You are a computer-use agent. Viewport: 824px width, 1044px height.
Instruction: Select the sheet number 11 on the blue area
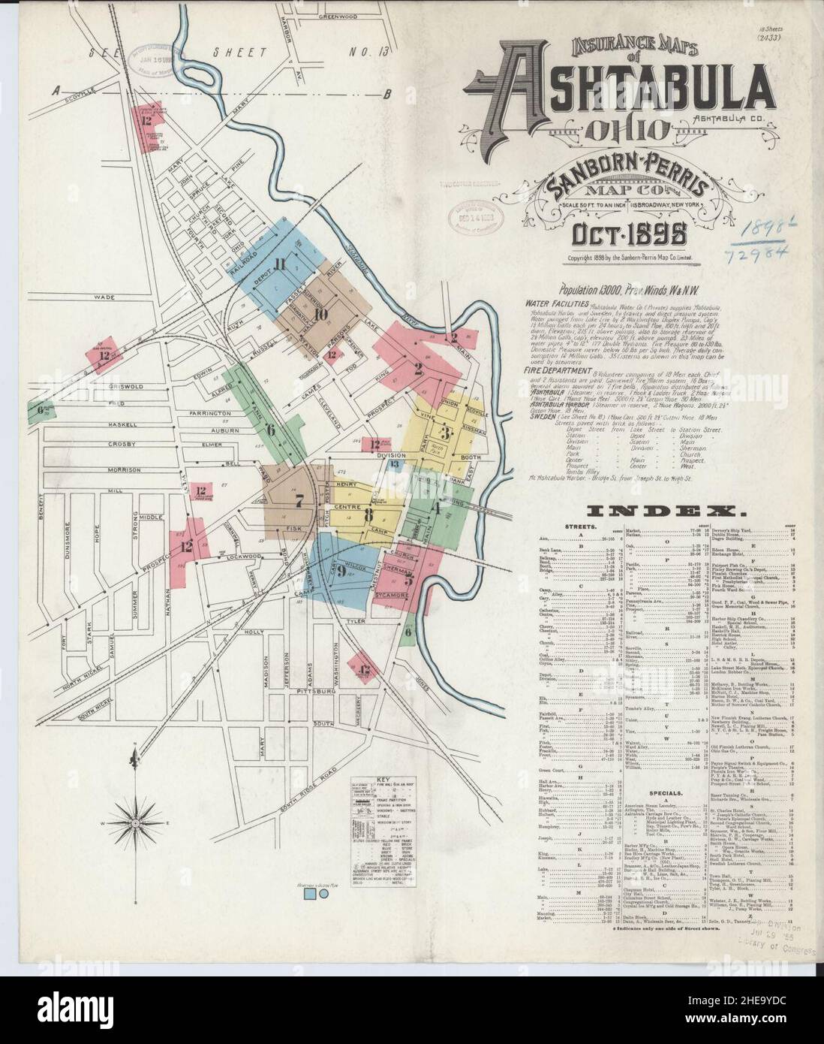pyautogui.click(x=281, y=263)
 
